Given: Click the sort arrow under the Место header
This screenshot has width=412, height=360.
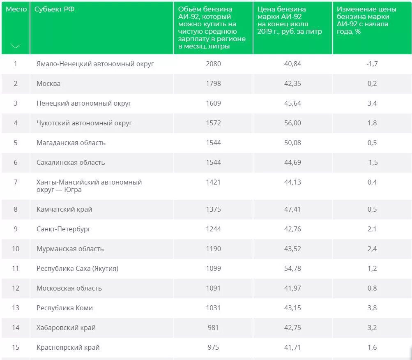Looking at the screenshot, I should click(x=16, y=46).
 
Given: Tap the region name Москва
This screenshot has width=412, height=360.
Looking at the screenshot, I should click(x=48, y=83).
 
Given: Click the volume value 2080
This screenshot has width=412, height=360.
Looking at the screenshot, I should click(x=213, y=64).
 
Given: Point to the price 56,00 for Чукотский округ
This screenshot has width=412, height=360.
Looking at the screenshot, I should click(x=292, y=123).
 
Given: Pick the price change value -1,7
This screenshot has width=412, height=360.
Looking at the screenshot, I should click(x=372, y=64).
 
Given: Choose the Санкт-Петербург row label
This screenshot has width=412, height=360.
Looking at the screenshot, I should click(x=64, y=229).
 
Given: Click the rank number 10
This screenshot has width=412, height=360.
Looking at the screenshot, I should click(x=16, y=249).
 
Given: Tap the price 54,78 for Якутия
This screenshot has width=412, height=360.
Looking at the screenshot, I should click(x=292, y=268).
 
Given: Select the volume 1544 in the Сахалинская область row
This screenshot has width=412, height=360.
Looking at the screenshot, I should click(x=213, y=162).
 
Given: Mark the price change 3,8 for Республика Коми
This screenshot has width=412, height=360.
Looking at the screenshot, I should click(x=372, y=308).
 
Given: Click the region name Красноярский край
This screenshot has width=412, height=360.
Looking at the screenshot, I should click(x=68, y=347).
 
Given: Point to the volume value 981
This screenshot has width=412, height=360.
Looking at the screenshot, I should click(x=213, y=328).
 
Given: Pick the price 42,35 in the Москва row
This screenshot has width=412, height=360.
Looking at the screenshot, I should click(x=292, y=83).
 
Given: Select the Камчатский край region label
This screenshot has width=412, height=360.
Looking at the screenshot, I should click(x=64, y=209).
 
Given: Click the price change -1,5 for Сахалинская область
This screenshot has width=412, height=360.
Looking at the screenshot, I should click(x=372, y=162).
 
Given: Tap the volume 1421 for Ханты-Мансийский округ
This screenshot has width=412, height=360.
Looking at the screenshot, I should click(x=213, y=182).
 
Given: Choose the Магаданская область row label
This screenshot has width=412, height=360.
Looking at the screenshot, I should click(x=71, y=143).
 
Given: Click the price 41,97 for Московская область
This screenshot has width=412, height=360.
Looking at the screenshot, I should click(x=292, y=288).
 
